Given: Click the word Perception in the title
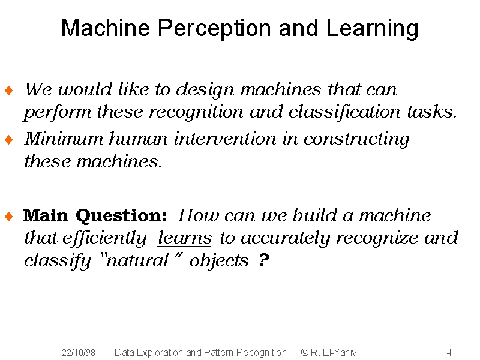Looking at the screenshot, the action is pos(214,28).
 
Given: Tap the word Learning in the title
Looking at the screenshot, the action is pos(372,28).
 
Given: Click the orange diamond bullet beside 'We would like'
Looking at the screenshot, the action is pos(9,91).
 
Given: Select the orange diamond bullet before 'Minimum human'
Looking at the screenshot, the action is pos(9,140).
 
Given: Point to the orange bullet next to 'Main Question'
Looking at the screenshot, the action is pos(9,217).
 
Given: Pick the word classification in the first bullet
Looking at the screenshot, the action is pos(344,112).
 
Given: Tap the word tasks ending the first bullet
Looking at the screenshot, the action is pos(431,112).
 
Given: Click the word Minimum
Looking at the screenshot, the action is pos(64,139).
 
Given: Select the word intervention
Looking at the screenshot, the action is pos(225,139).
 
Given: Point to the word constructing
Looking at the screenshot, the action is pos(356,140).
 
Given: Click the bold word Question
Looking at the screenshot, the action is pos(122,216).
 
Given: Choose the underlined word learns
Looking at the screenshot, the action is pos(184,238).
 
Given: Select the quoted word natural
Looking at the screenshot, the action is pos(137,261).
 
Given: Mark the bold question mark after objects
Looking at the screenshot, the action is pos(263,260).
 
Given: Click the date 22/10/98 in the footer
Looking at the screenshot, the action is pos(79,353).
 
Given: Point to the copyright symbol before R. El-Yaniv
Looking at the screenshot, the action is pos(304,352).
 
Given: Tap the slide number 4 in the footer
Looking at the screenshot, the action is pos(449,353).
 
